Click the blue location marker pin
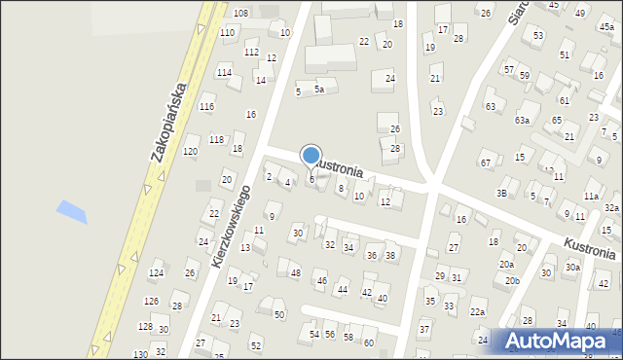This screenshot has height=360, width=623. tap(311, 156)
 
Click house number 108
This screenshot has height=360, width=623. tap(240, 13)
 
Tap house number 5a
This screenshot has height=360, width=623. tap(318, 90)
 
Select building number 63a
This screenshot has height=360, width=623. tap(523, 120)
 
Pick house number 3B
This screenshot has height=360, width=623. tap(502, 194)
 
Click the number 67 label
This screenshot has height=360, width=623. tap(485, 162)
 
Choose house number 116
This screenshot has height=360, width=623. tap(206, 107)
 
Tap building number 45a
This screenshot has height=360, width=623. tap(606, 27)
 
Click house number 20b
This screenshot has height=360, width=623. tap(512, 281)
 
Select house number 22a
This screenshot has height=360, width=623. tap(477, 312)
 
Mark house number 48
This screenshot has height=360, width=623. tap(295, 273)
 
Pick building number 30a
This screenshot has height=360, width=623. tap(573, 268)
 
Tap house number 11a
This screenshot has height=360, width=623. tap(591, 197)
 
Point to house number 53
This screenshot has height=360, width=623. tap(538, 36)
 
